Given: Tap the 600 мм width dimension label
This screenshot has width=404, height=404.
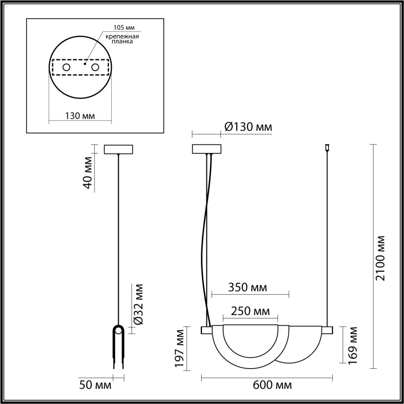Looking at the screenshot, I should click(x=272, y=385).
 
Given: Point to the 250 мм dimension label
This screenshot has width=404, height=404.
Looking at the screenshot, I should click(x=250, y=311).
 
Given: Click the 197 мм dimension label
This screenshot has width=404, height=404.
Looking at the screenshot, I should click(x=179, y=348).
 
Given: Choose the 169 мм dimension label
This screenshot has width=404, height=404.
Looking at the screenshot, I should click(x=353, y=345).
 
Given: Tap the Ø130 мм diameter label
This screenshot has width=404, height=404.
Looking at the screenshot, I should click(x=248, y=127).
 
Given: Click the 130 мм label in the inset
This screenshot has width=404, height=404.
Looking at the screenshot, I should click(x=80, y=116).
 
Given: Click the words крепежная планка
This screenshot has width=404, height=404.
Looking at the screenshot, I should click(x=122, y=39).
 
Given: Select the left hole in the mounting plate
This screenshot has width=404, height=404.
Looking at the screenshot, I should click(x=66, y=67).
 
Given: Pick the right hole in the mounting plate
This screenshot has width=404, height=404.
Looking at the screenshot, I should click(x=95, y=67).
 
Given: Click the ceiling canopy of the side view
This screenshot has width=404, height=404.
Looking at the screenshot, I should click(x=118, y=149).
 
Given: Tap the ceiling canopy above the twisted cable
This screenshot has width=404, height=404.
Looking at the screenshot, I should click(x=207, y=149).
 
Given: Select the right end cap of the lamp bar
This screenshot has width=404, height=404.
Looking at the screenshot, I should click(x=327, y=330).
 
